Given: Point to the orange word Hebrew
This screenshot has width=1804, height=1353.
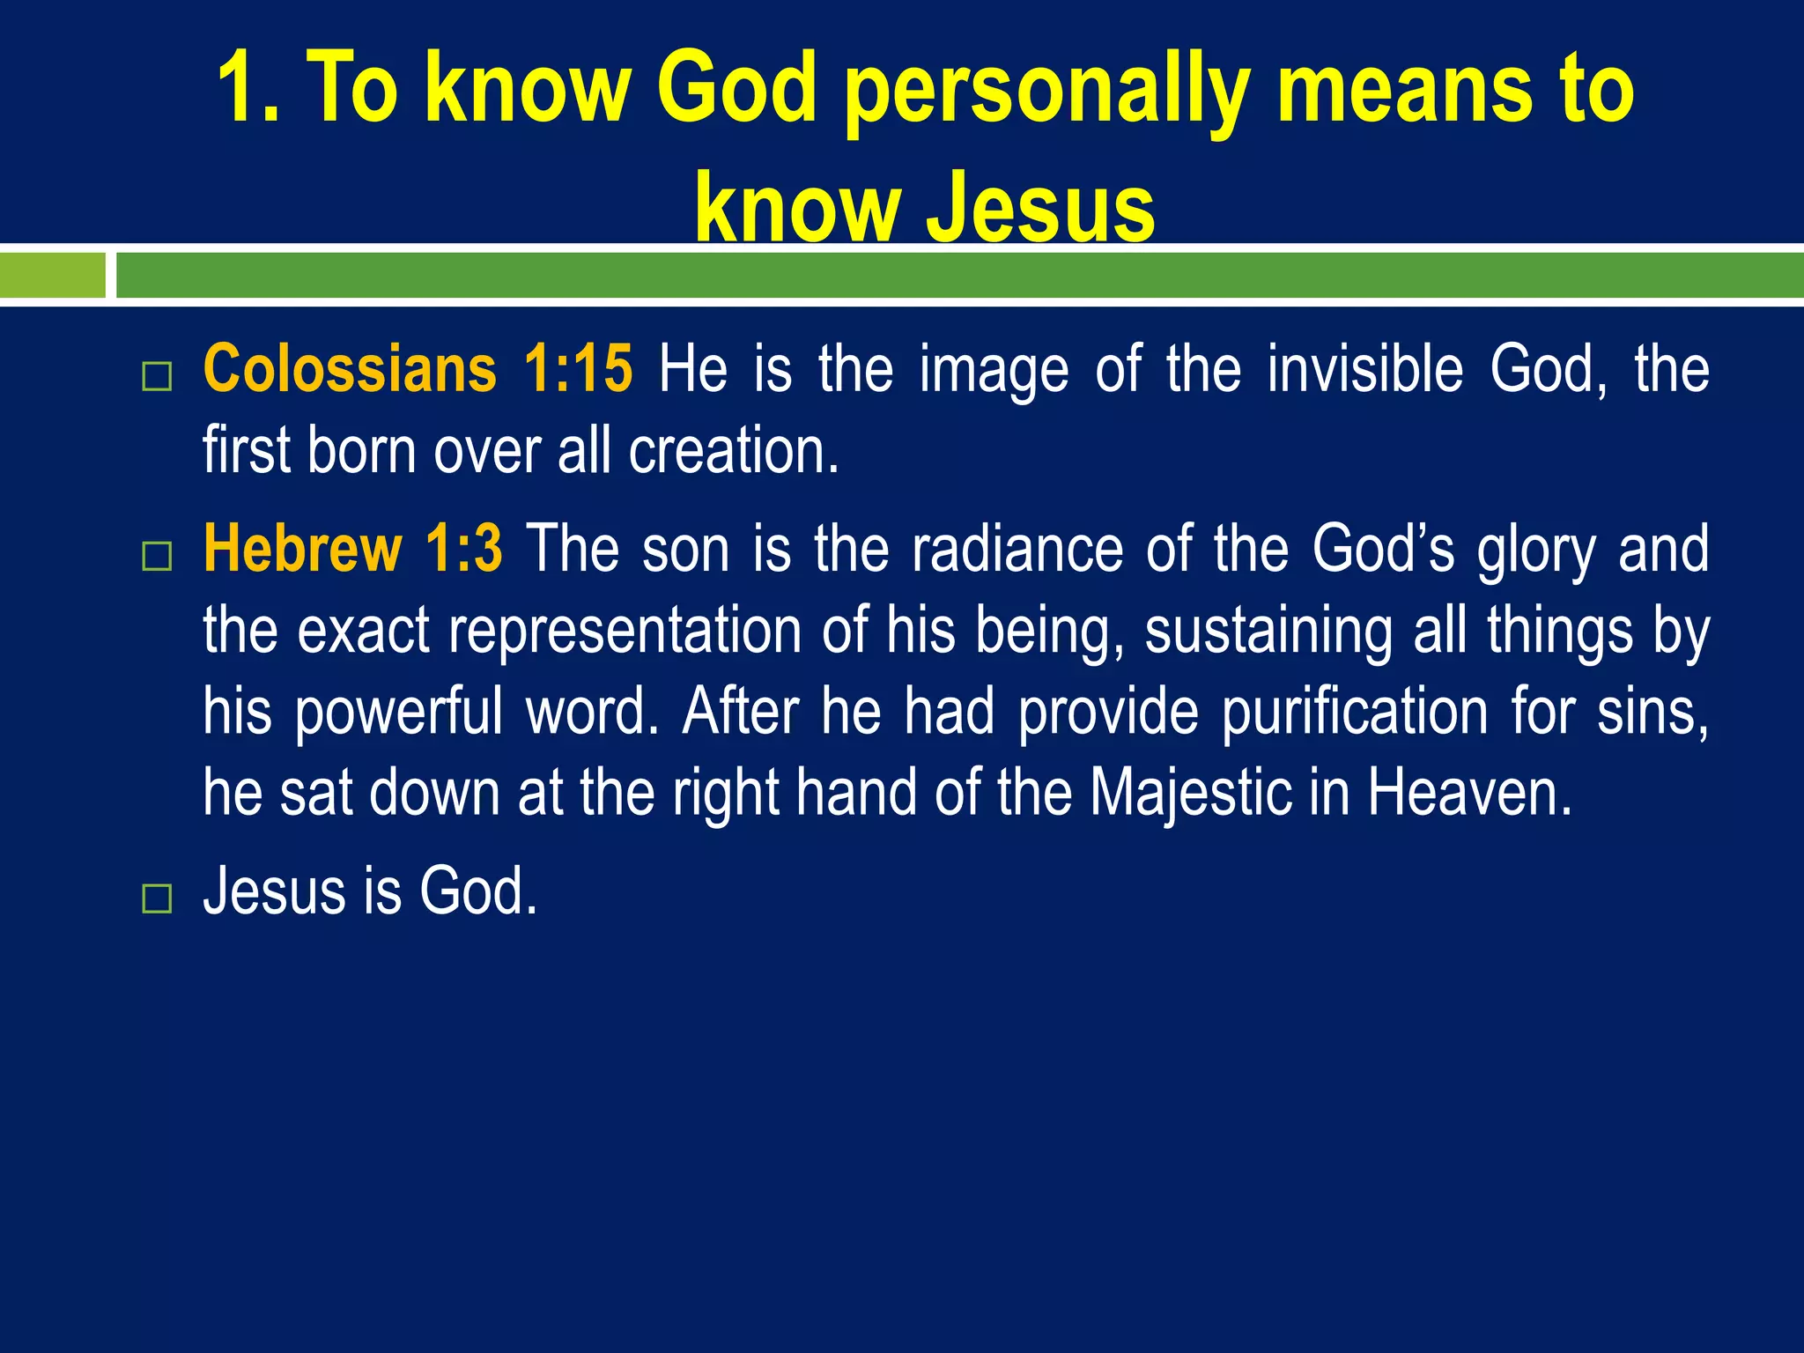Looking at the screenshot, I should click(x=302, y=549).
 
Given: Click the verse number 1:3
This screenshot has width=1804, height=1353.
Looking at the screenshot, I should click(x=463, y=549).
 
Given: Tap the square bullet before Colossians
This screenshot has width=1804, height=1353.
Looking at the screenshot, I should click(x=157, y=377).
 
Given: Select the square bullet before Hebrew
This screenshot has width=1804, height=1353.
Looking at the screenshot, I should click(x=157, y=557).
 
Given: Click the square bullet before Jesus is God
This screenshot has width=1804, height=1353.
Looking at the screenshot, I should click(x=157, y=899).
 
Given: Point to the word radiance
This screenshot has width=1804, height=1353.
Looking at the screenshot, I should click(x=1017, y=549).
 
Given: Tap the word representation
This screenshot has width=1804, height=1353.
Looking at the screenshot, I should click(x=625, y=631).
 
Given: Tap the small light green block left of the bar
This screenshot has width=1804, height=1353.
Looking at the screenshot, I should click(x=52, y=275).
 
